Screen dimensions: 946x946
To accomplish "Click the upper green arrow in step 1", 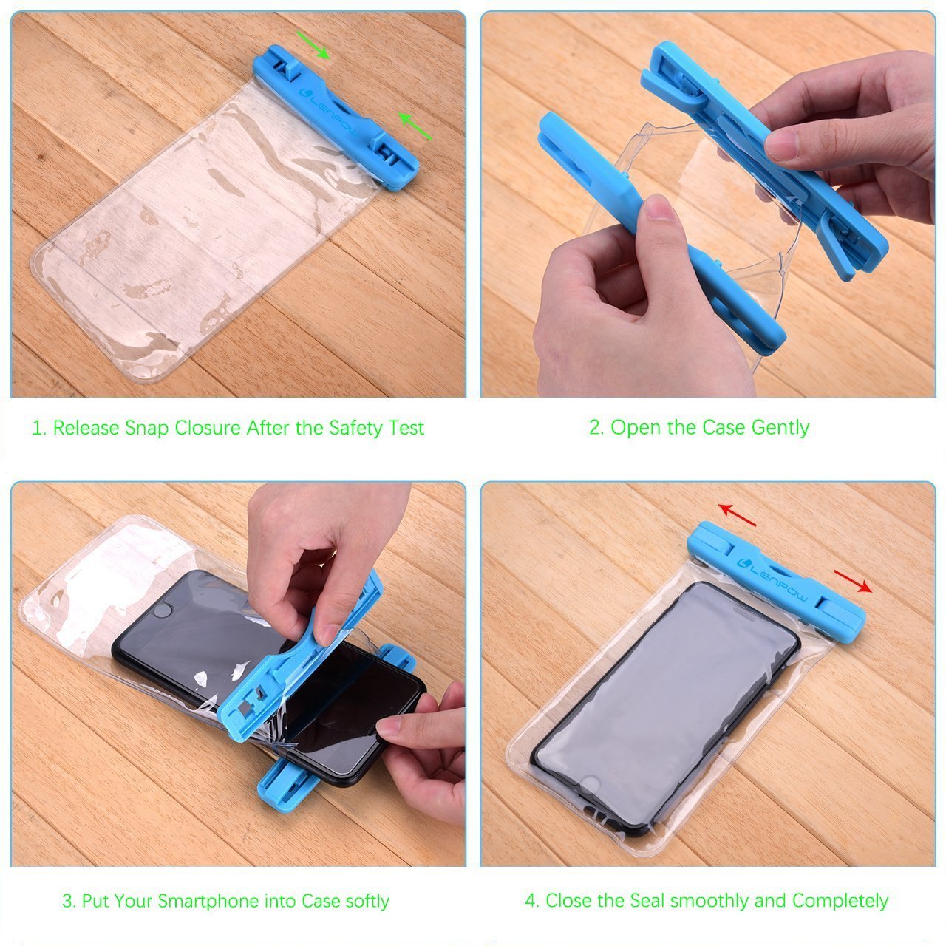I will pyautogui.click(x=313, y=44).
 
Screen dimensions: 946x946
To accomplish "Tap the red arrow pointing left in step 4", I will pyautogui.click(x=738, y=515).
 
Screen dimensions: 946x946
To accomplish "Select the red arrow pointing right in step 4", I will pyautogui.click(x=853, y=581).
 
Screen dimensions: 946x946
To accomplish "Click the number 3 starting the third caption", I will pyautogui.click(x=67, y=901).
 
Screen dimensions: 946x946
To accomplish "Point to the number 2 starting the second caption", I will pyautogui.click(x=594, y=428).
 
